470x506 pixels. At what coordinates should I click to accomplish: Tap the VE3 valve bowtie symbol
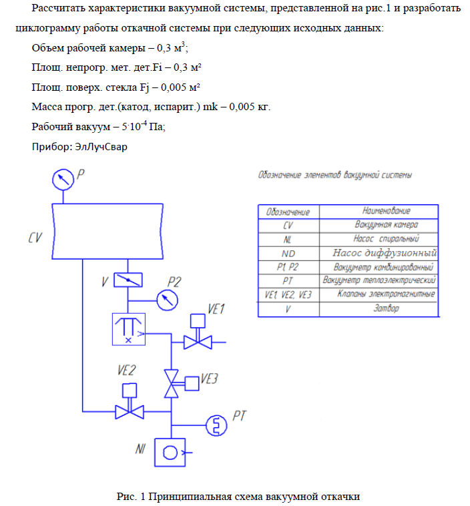172,384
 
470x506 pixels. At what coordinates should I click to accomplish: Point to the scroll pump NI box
171,453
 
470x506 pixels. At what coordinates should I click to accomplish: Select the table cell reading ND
288,253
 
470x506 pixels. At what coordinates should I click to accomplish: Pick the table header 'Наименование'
378,211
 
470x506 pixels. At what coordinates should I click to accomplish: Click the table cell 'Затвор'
378,308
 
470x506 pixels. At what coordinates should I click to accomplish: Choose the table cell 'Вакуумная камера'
378,225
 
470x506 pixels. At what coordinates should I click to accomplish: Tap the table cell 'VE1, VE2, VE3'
288,294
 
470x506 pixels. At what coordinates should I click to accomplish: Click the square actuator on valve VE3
192,383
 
